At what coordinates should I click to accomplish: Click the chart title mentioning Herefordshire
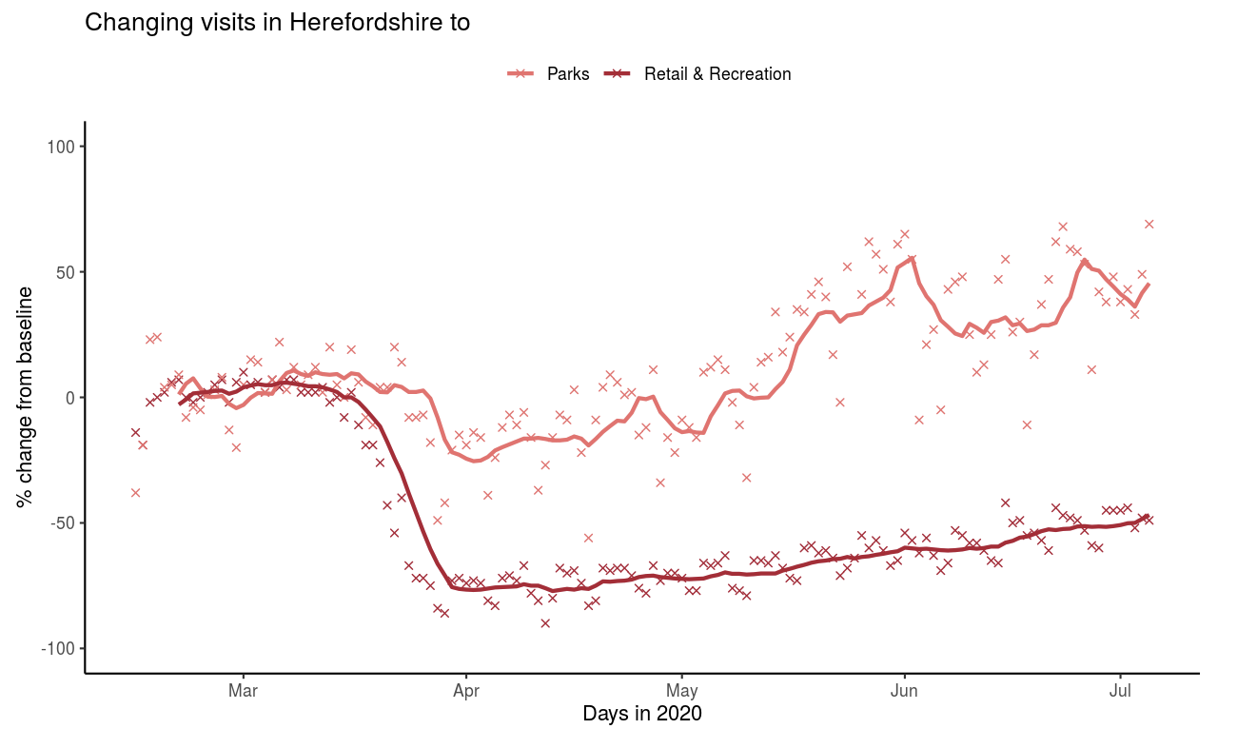[277, 23]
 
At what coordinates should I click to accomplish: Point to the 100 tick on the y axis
[69, 147]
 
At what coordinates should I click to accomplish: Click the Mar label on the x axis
[244, 690]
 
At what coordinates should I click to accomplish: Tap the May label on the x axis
[682, 690]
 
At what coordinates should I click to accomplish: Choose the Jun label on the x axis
[904, 690]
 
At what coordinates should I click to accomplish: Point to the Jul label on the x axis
[1120, 690]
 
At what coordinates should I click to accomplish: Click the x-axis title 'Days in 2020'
[642, 713]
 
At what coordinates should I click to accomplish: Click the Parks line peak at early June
[912, 258]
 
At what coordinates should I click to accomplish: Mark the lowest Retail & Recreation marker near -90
[545, 623]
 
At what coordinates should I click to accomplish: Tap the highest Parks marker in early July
[1149, 224]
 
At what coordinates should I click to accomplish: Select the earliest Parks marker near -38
[135, 492]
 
